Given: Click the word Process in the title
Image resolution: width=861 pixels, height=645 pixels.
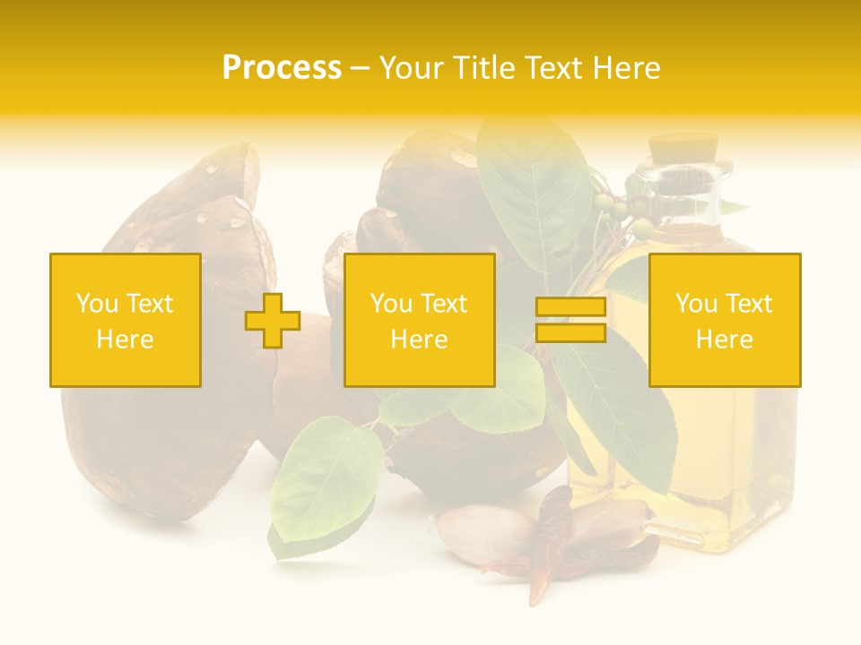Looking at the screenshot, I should point(282,68).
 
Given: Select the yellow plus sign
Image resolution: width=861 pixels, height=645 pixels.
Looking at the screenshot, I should point(273,321).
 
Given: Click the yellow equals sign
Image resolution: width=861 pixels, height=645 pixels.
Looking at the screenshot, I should point(570,320).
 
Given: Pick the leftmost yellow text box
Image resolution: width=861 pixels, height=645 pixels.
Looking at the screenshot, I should point(126,320).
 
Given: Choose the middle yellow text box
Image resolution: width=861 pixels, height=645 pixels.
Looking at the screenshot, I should point(419,320).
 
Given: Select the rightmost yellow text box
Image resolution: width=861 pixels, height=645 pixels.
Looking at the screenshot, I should point(725,320).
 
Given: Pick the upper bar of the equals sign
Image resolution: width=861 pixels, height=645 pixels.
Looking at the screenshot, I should point(570,307).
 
